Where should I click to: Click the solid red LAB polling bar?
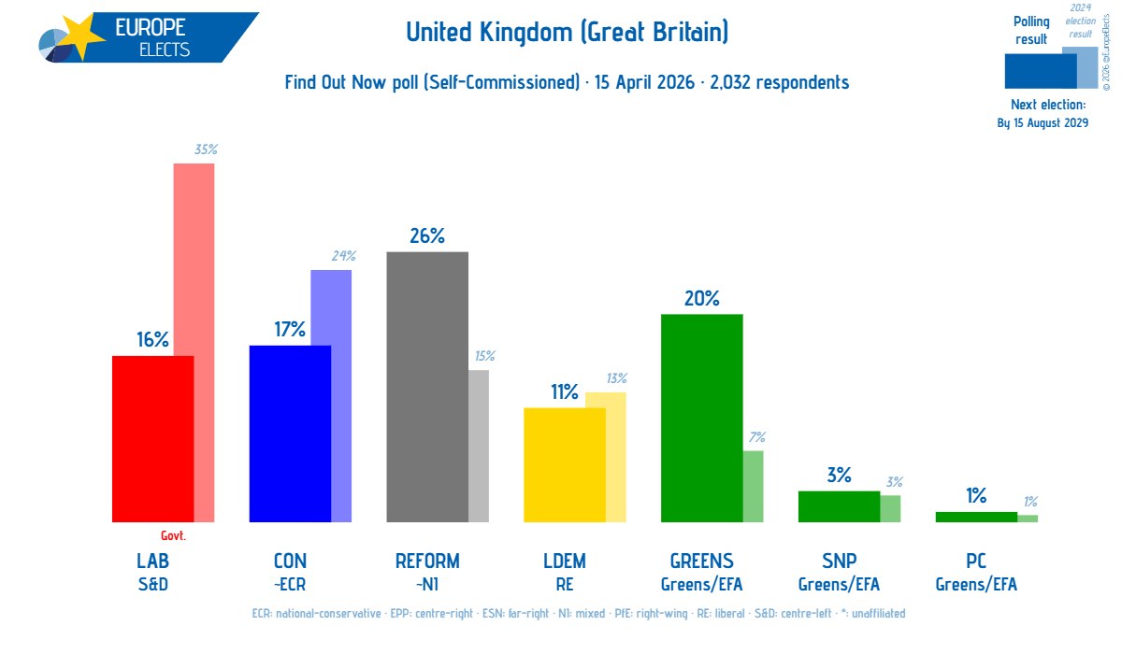(152, 439)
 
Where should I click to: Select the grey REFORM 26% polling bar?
(427, 387)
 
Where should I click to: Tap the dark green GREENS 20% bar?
(701, 418)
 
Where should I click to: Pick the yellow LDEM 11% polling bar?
(565, 464)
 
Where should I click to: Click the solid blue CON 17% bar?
(290, 434)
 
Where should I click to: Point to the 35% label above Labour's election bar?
(206, 149)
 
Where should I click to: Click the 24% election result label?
(344, 256)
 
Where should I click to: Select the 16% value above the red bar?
(152, 339)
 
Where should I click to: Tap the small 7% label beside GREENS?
(757, 436)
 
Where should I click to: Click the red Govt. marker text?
(174, 535)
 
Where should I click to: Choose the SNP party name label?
(840, 561)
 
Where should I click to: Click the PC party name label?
(976, 561)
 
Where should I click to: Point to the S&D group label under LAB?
(153, 584)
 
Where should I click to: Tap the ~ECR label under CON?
(290, 584)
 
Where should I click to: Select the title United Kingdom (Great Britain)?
(567, 32)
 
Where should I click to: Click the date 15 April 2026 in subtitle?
(644, 82)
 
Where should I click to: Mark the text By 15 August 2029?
(1043, 123)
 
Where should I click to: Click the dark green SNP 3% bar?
(839, 506)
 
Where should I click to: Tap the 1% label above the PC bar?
(976, 495)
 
